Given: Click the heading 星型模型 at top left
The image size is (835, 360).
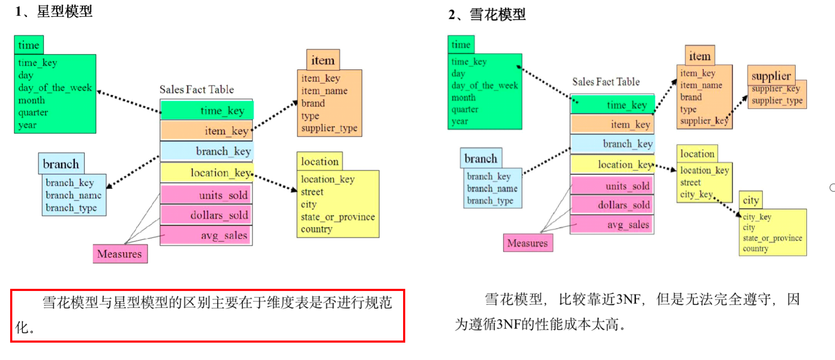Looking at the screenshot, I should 54,11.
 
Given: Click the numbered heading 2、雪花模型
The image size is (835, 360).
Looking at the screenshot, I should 487,15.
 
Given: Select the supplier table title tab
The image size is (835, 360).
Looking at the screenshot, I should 771,76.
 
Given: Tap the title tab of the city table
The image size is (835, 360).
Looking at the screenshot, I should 751,200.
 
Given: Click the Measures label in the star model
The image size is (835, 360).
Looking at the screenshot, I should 120,254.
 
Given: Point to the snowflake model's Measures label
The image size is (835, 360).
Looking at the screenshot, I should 528,243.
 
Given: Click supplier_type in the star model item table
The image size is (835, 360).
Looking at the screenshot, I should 329,128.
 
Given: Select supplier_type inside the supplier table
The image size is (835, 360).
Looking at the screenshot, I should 777,101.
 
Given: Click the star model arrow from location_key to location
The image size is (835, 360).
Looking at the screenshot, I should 275,182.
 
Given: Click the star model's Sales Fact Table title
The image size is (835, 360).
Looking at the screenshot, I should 196,89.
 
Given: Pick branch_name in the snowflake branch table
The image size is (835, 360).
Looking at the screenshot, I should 492,188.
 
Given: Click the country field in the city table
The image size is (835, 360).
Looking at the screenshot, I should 755,249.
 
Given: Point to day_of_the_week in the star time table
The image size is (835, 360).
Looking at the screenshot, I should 55,88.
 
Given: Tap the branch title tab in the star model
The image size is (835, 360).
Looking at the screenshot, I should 61,164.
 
